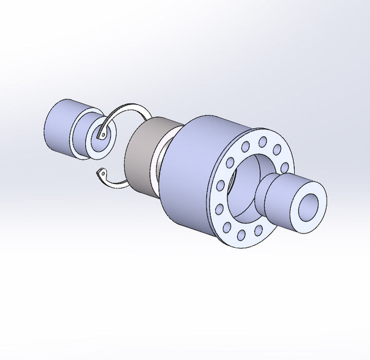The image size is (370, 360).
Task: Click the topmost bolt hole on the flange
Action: click(263, 140)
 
